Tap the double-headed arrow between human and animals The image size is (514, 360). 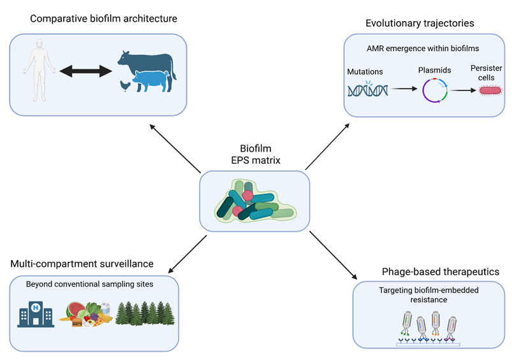(86, 71)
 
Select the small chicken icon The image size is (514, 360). (125, 86)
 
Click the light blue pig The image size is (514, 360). (151, 80)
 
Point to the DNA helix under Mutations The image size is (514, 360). (368, 90)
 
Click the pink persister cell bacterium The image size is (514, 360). (490, 90)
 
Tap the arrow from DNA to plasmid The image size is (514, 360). (404, 89)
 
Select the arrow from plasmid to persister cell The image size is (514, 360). (462, 90)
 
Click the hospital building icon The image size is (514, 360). (36, 314)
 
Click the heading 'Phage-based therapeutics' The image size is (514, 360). (441, 271)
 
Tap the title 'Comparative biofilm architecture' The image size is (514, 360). (103, 18)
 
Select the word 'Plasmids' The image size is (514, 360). (435, 70)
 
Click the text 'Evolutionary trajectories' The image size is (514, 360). (420, 24)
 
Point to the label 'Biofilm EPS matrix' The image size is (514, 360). (256, 154)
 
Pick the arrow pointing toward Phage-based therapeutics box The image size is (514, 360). (334, 255)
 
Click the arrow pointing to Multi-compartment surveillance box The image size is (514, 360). (187, 254)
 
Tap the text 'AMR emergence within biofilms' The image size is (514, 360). (423, 48)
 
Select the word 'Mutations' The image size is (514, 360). (365, 72)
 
